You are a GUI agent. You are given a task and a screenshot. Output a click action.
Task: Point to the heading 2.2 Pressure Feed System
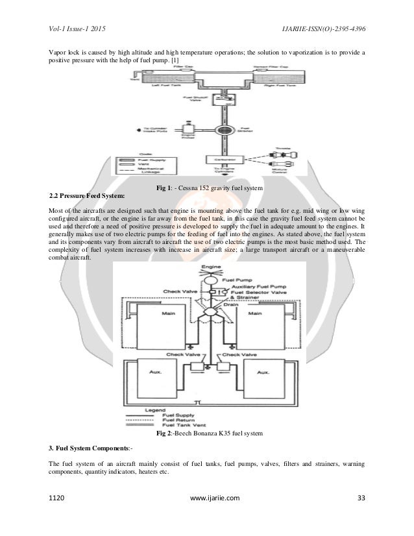click(x=88, y=195)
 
